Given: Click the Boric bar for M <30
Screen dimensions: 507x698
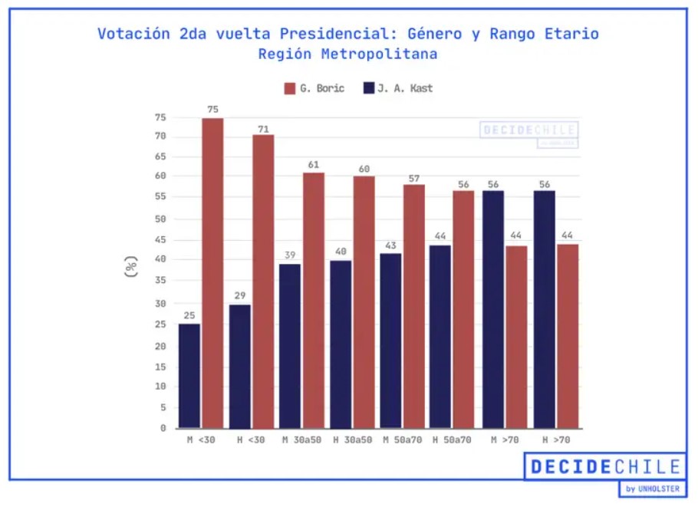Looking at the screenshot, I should click(x=212, y=273).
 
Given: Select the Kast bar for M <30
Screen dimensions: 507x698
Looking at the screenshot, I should click(x=189, y=376).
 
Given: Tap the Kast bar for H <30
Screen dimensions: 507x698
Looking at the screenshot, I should click(x=239, y=366).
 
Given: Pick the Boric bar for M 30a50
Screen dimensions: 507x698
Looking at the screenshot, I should click(x=313, y=300).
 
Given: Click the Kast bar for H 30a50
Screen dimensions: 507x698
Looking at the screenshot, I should click(x=341, y=344).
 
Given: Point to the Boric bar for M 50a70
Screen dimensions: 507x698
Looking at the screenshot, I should click(x=414, y=306).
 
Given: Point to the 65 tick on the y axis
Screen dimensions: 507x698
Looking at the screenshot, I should click(x=161, y=156).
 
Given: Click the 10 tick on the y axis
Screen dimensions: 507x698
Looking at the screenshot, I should click(x=161, y=386).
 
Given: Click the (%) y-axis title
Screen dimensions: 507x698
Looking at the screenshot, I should click(x=131, y=266).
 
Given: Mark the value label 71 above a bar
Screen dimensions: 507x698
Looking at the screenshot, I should click(x=263, y=129).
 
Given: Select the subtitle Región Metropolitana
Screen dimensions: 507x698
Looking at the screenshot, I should click(x=347, y=54).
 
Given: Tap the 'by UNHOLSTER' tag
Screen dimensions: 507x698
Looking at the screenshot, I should click(x=652, y=489).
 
